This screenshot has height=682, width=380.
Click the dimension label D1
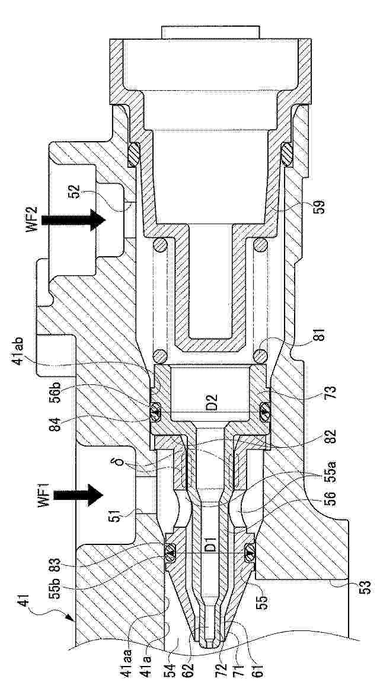pos(211,546)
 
